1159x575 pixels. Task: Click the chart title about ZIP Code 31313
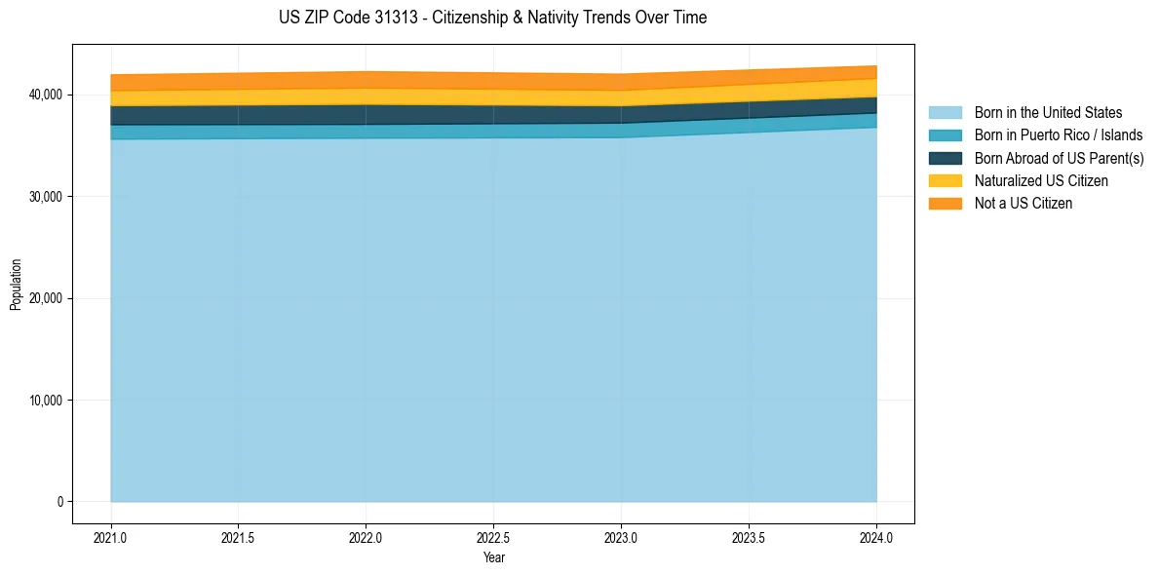click(x=492, y=18)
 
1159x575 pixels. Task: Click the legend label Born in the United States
click(x=1048, y=113)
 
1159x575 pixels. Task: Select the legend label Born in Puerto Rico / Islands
click(x=1059, y=135)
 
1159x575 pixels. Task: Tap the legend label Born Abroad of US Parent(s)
click(x=1059, y=158)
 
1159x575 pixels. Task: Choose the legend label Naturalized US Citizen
click(x=1041, y=180)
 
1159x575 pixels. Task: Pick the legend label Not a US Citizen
click(x=1023, y=203)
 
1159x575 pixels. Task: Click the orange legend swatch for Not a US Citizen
click(x=945, y=203)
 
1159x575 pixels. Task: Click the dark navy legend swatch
click(x=945, y=158)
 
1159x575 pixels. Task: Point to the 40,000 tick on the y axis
click(x=44, y=95)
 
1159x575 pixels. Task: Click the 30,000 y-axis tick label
click(x=44, y=197)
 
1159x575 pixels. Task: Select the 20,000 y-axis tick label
click(x=44, y=298)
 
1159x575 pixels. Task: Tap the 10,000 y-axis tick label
click(x=44, y=401)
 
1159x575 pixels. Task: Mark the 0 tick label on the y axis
click(x=58, y=502)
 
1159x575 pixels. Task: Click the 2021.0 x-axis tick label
click(x=111, y=537)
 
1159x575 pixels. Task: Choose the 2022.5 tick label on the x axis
click(x=493, y=537)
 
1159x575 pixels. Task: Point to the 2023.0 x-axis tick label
click(x=621, y=537)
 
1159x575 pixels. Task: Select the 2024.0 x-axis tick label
click(x=876, y=537)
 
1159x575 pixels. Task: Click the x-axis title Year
click(x=493, y=557)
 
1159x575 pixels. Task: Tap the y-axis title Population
click(x=16, y=284)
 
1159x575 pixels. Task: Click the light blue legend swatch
click(x=945, y=113)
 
